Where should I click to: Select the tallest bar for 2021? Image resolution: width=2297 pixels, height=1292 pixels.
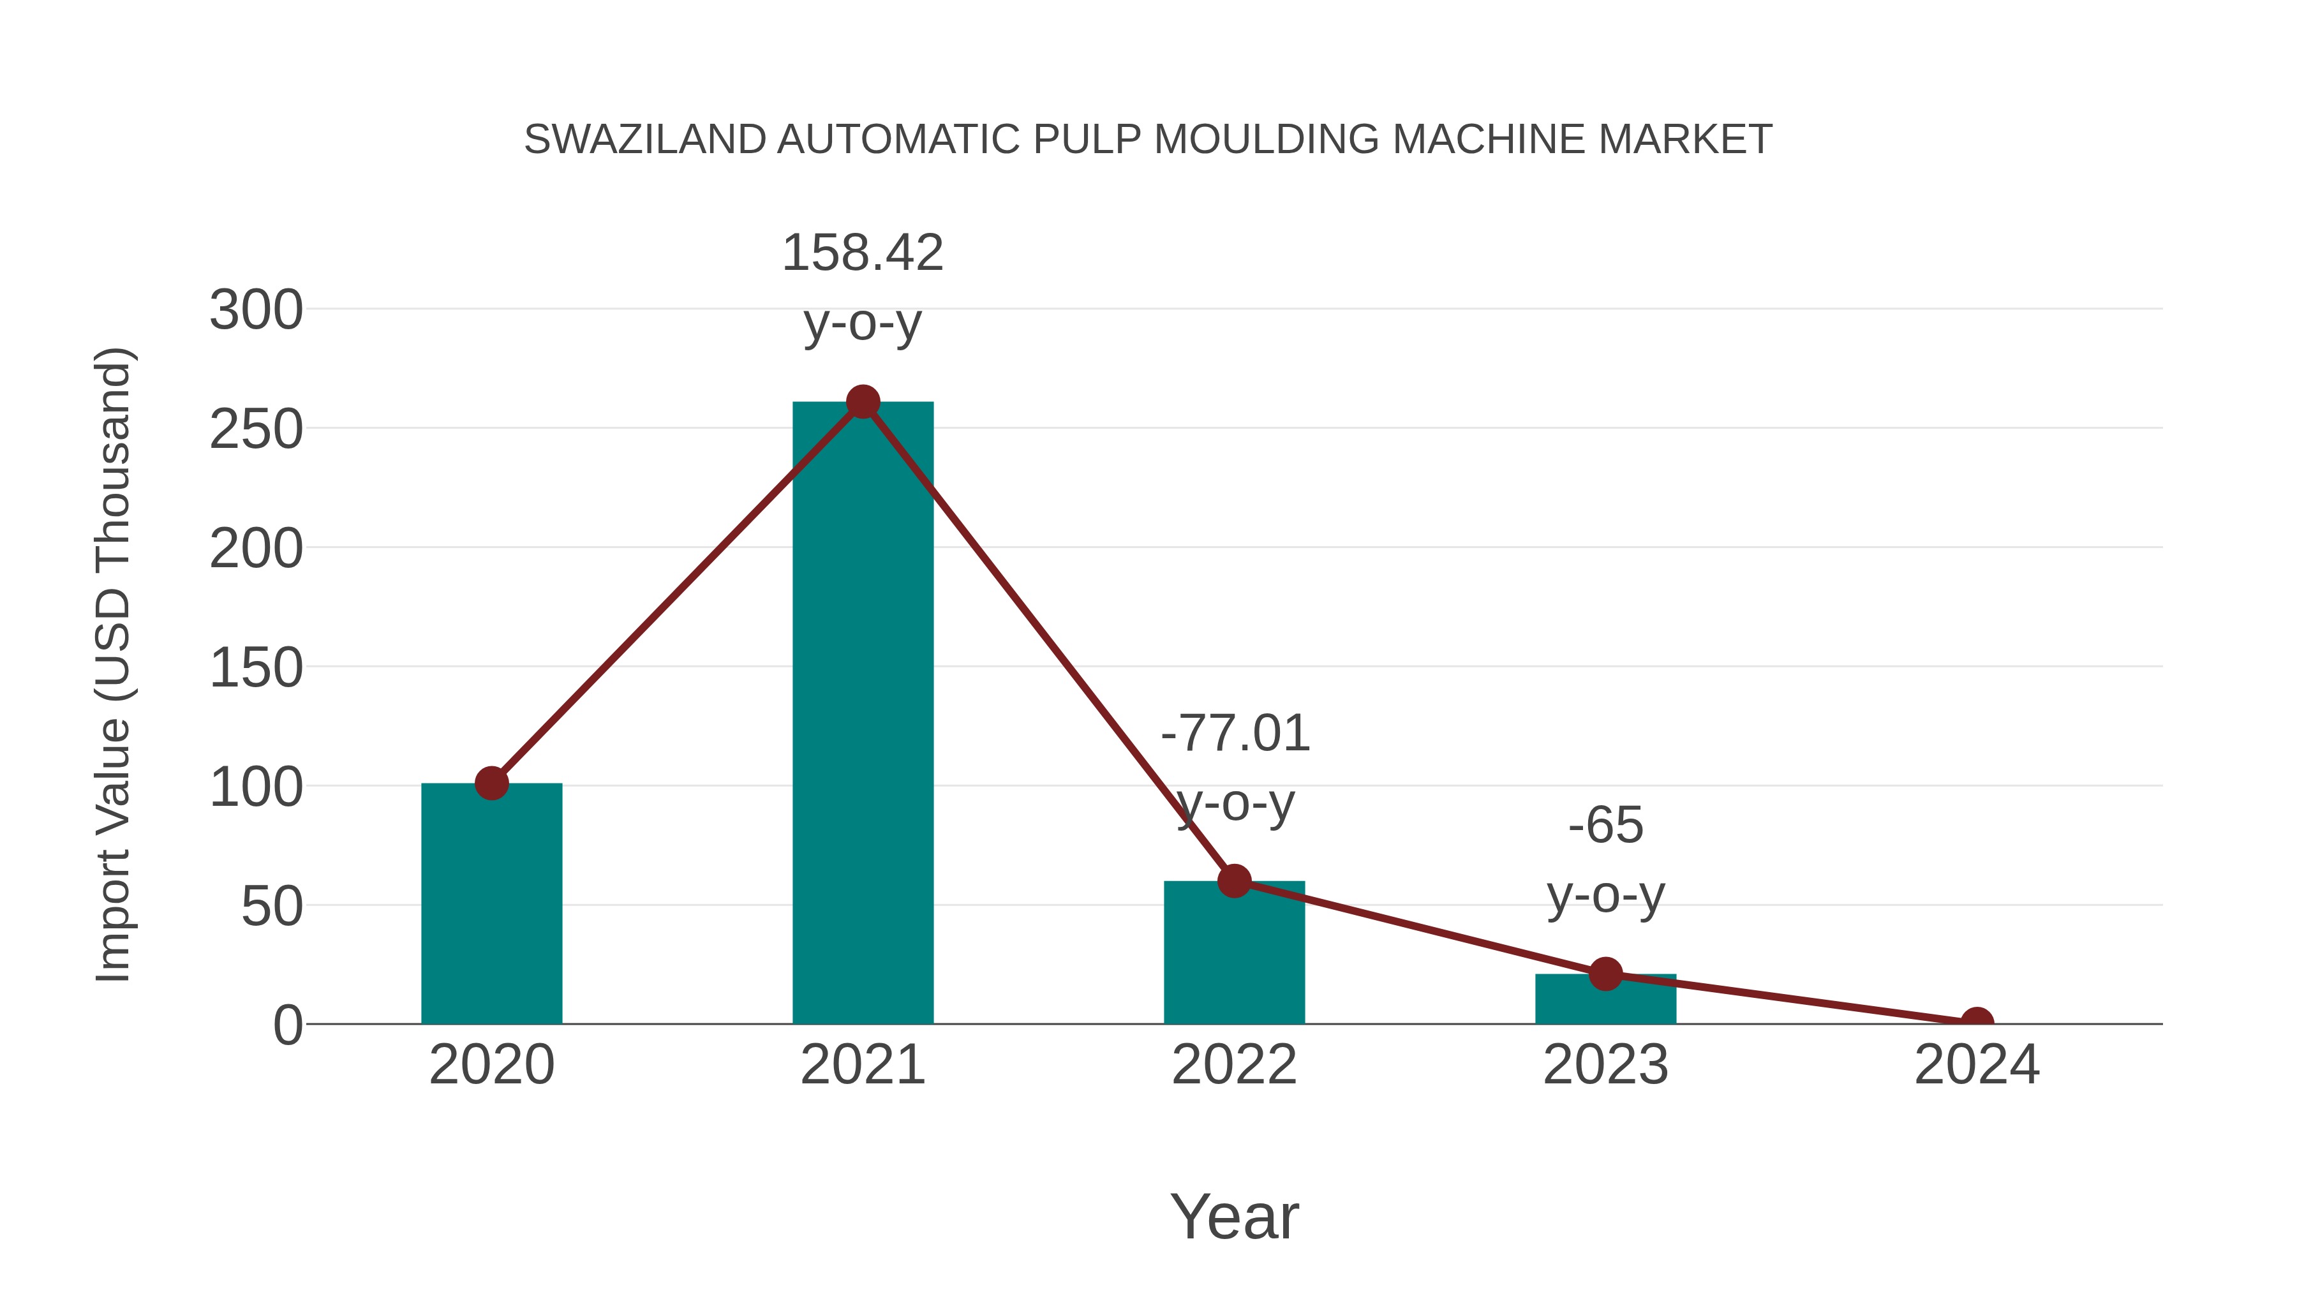pyautogui.click(x=862, y=713)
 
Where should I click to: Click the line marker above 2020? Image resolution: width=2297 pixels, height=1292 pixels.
pyautogui.click(x=491, y=783)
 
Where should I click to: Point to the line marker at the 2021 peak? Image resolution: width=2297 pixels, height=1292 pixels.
pyautogui.click(x=862, y=402)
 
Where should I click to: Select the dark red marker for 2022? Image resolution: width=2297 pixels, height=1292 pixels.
pyautogui.click(x=1234, y=881)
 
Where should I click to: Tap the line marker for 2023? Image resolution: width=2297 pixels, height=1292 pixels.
pyautogui.click(x=1605, y=974)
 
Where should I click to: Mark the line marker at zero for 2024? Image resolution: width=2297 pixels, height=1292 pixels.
pyautogui.click(x=1977, y=1022)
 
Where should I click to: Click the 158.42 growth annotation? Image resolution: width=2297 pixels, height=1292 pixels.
pyautogui.click(x=862, y=253)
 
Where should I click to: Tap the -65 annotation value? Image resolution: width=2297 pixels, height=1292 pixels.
pyautogui.click(x=1605, y=826)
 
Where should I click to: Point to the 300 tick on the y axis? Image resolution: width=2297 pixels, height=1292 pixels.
pyautogui.click(x=256, y=311)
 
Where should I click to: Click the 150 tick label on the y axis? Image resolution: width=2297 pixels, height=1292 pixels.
pyautogui.click(x=256, y=669)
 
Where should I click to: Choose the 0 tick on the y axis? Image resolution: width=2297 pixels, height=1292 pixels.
pyautogui.click(x=287, y=1025)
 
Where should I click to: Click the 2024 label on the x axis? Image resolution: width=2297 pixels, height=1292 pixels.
pyautogui.click(x=1977, y=1066)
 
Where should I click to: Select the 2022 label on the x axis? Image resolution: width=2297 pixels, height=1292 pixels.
pyautogui.click(x=1234, y=1066)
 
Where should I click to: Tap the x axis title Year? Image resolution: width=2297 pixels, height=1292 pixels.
pyautogui.click(x=1234, y=1217)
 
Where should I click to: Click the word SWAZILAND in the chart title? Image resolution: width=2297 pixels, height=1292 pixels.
pyautogui.click(x=644, y=140)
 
